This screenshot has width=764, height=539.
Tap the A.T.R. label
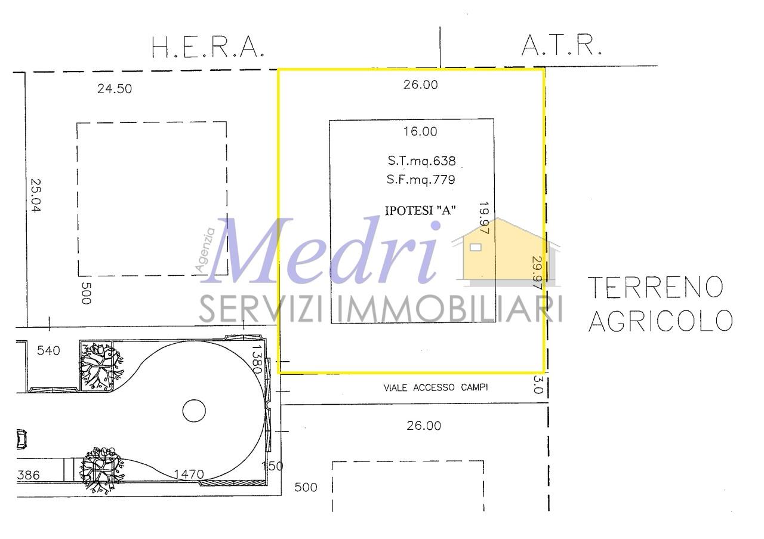[x=562, y=45]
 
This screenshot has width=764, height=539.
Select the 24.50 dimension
[x=115, y=89]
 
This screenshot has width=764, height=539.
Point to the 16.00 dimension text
[x=420, y=131]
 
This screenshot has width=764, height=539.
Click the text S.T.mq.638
[x=421, y=161]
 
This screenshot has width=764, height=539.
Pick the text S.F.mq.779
[x=421, y=180]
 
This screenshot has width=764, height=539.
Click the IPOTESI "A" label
[x=420, y=211]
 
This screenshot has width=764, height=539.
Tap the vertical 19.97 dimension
[x=484, y=218]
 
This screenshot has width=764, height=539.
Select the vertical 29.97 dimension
[x=537, y=273]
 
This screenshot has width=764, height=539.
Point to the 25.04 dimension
[x=36, y=195]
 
